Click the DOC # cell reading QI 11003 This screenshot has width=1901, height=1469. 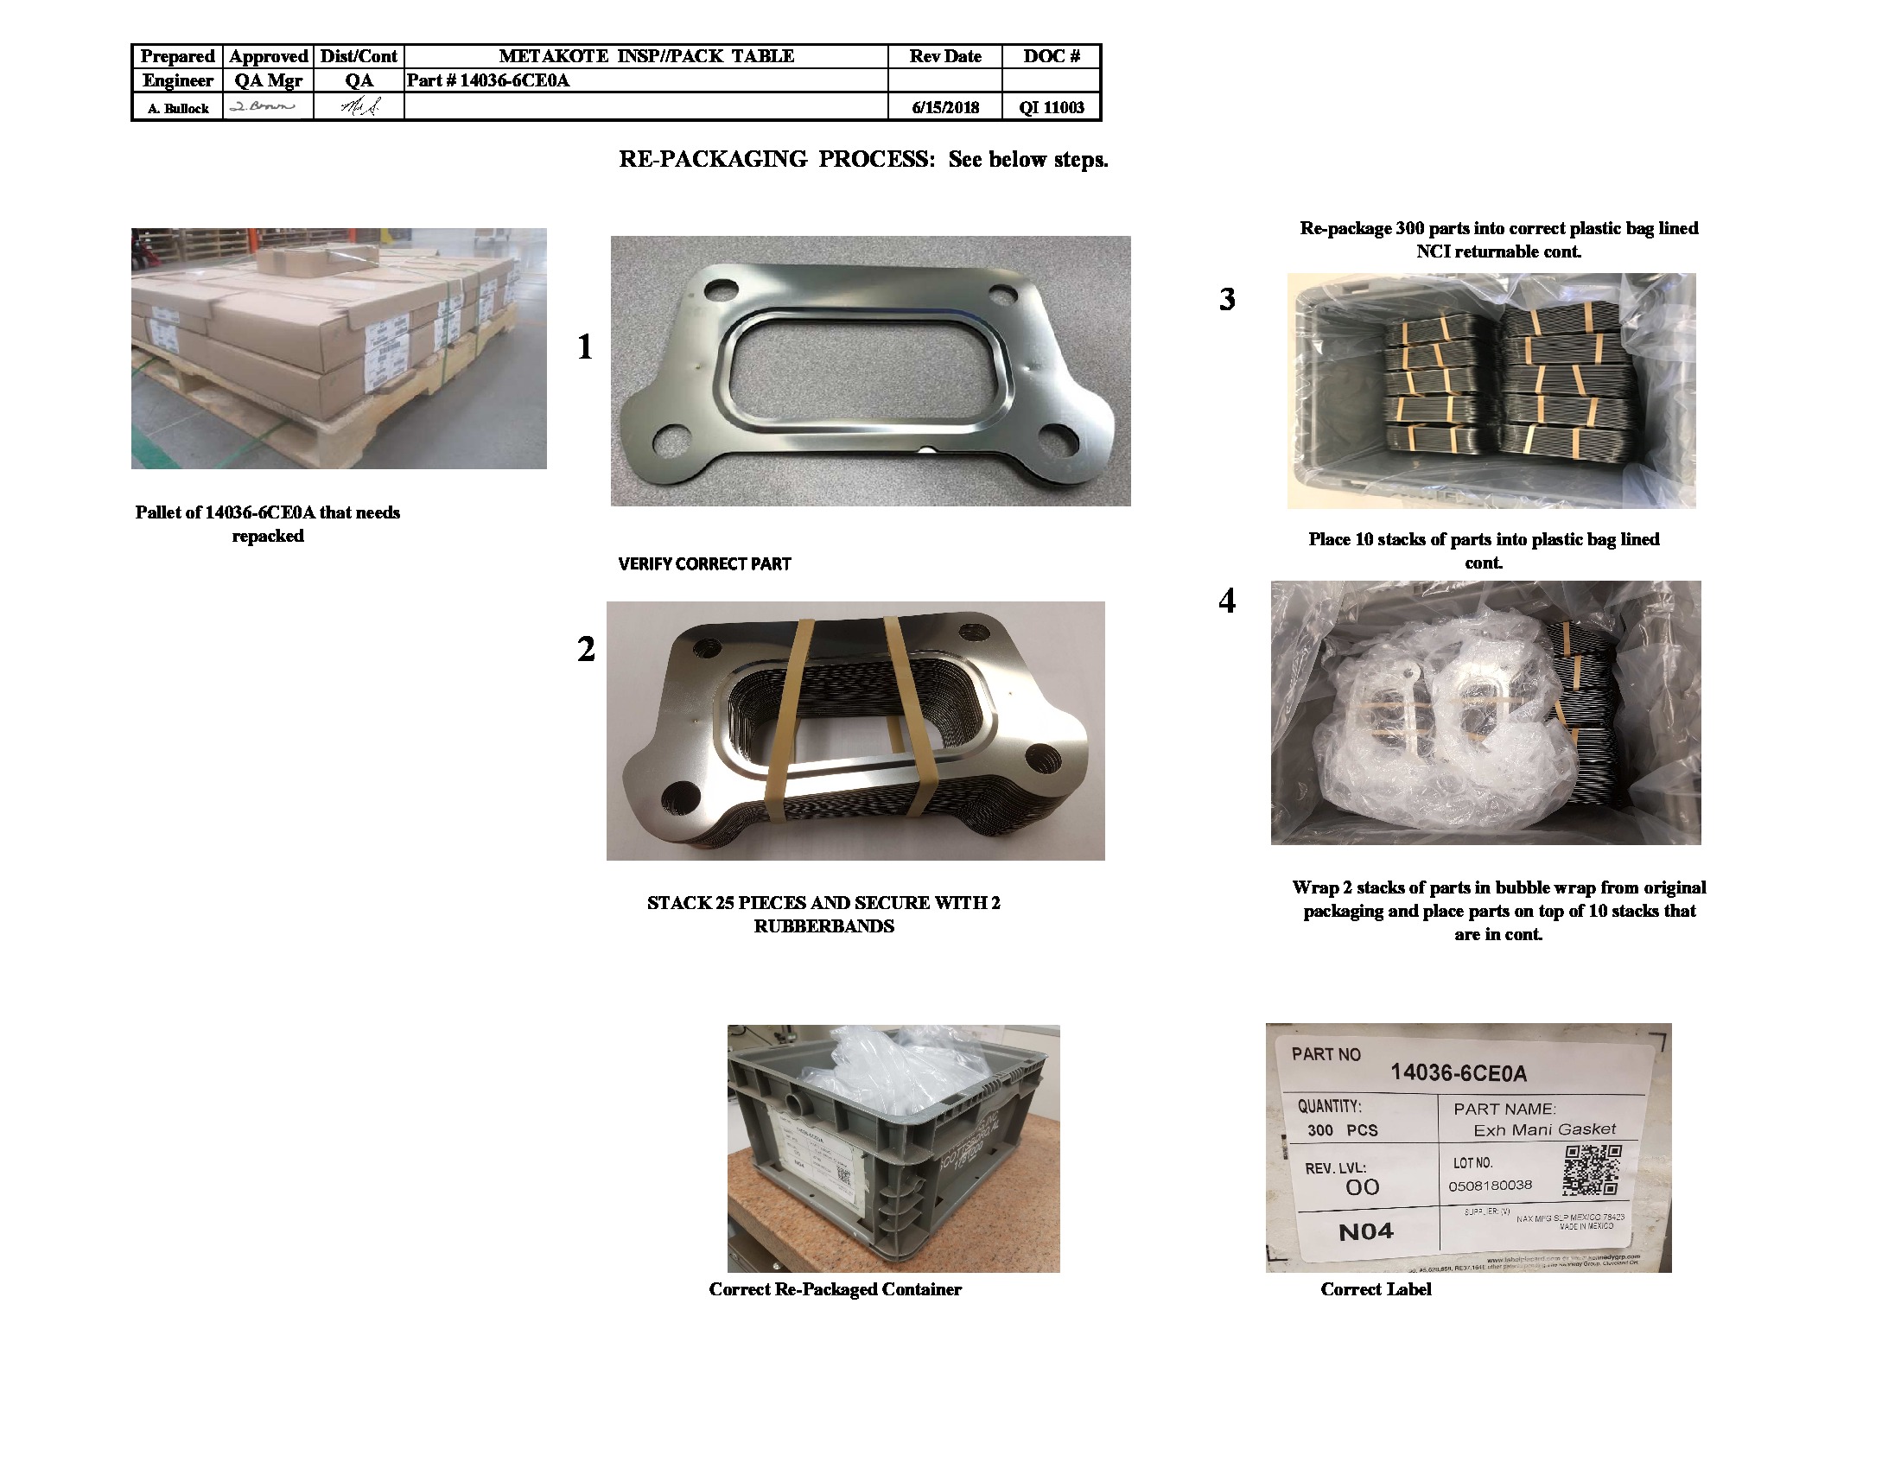(1051, 108)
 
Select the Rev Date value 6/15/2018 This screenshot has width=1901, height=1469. (944, 108)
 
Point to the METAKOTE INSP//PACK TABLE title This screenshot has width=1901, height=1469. (645, 56)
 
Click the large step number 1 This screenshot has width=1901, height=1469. (585, 347)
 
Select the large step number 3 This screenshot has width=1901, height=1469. (1226, 299)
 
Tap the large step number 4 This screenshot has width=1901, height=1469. (1226, 601)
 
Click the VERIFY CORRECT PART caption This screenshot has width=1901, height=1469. (704, 564)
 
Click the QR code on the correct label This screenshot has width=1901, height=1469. (1592, 1169)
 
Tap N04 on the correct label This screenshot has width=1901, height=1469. (1365, 1231)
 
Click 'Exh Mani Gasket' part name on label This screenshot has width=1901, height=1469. (1544, 1129)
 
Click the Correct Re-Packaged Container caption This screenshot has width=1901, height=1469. (835, 1290)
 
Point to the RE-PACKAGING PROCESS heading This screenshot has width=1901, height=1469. (862, 159)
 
